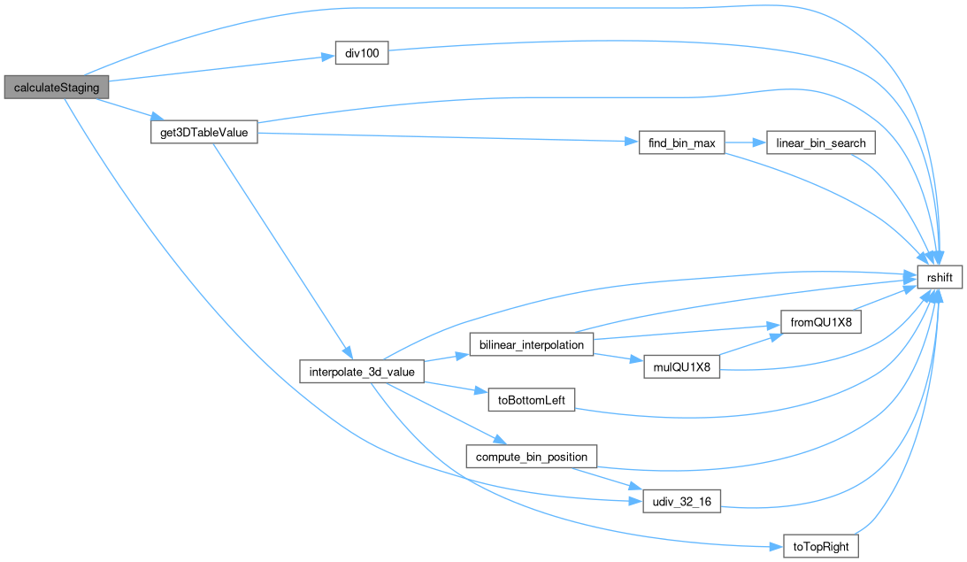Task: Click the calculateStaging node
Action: pyautogui.click(x=57, y=88)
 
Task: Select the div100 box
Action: pyautogui.click(x=361, y=52)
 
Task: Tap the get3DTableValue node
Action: pyautogui.click(x=203, y=133)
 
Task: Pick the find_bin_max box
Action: pyautogui.click(x=682, y=142)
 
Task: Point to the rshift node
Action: pyautogui.click(x=939, y=277)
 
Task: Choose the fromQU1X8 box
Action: pyautogui.click(x=819, y=322)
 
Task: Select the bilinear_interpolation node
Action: pyautogui.click(x=531, y=345)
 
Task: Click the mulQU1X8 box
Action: pyautogui.click(x=681, y=366)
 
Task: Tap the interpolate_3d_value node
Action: pyautogui.click(x=363, y=372)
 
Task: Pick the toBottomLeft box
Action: pyautogui.click(x=532, y=400)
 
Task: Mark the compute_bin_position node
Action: pyautogui.click(x=532, y=457)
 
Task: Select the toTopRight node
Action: pyautogui.click(x=821, y=546)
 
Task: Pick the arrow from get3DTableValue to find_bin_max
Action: pyautogui.click(x=442, y=137)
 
